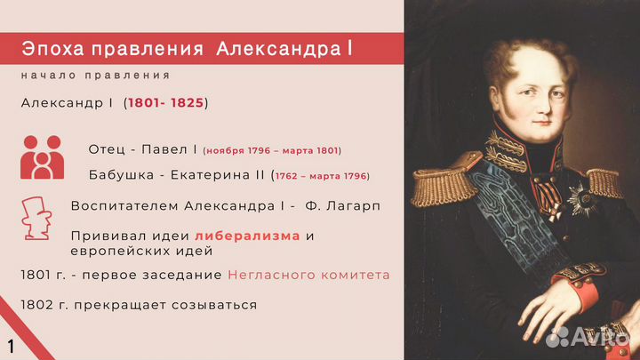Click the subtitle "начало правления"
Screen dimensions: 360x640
click(96, 76)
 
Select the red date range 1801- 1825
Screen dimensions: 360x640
click(165, 103)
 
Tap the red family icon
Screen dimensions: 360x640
click(42, 157)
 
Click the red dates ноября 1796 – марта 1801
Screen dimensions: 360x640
click(272, 150)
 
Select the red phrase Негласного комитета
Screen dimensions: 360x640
click(308, 275)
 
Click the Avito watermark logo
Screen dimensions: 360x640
click(587, 336)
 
